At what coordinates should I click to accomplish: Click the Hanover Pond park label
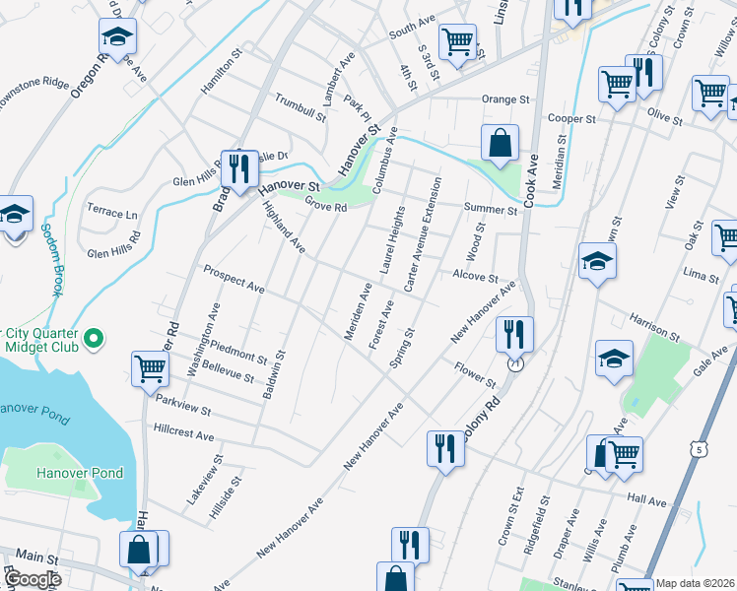point(81,473)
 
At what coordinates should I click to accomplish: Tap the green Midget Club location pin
point(94,340)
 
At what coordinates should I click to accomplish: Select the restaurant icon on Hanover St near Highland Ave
point(237,169)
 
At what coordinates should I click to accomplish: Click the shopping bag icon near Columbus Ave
point(501,142)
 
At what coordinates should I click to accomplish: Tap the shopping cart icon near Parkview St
point(150,368)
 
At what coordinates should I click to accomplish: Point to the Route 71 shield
point(515,364)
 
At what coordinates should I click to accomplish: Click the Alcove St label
point(475,278)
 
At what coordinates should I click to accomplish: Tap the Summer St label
point(490,210)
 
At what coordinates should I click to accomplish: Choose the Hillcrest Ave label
point(184,434)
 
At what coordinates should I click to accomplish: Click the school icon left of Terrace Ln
point(15,214)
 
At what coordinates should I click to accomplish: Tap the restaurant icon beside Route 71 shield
point(513,334)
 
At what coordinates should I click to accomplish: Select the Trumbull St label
point(301,106)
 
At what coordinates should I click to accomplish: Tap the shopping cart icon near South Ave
point(455,41)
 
